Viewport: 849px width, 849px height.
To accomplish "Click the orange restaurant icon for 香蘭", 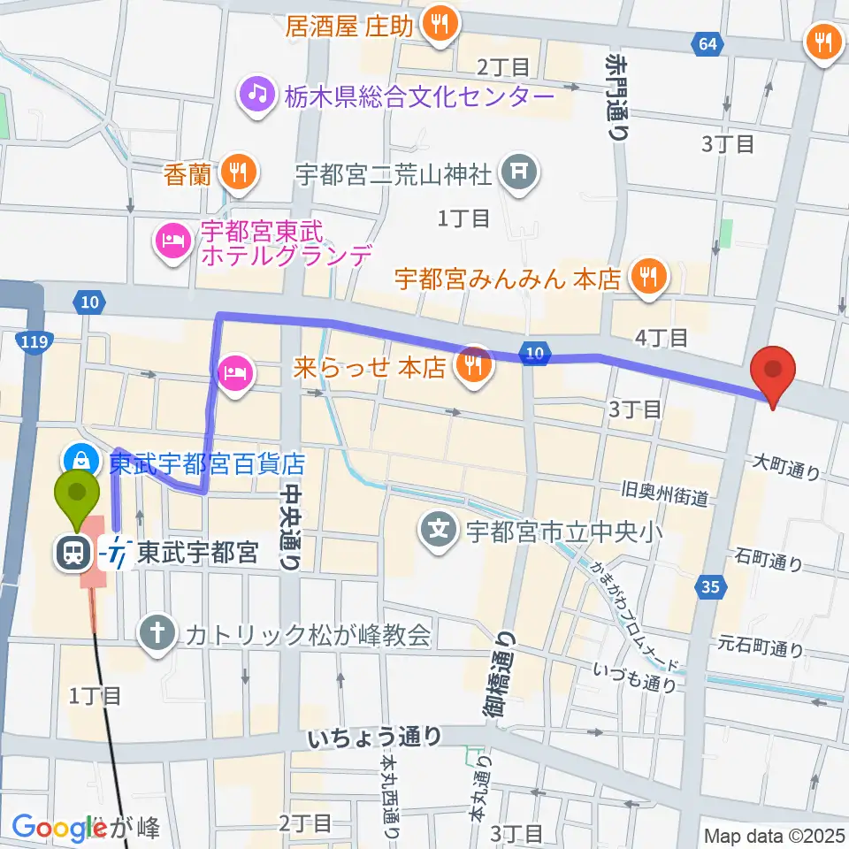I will pyautogui.click(x=237, y=172).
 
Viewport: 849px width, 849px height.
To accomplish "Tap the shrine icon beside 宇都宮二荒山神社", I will pyautogui.click(x=518, y=172).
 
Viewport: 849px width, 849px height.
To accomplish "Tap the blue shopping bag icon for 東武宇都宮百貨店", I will pyautogui.click(x=80, y=460).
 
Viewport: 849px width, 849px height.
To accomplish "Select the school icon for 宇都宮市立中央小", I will pyautogui.click(x=440, y=531).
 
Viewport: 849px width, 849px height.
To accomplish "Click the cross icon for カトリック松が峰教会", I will pyautogui.click(x=158, y=633).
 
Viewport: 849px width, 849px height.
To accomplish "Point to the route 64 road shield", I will pyautogui.click(x=705, y=43).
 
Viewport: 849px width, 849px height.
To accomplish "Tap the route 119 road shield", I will pyautogui.click(x=34, y=340).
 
